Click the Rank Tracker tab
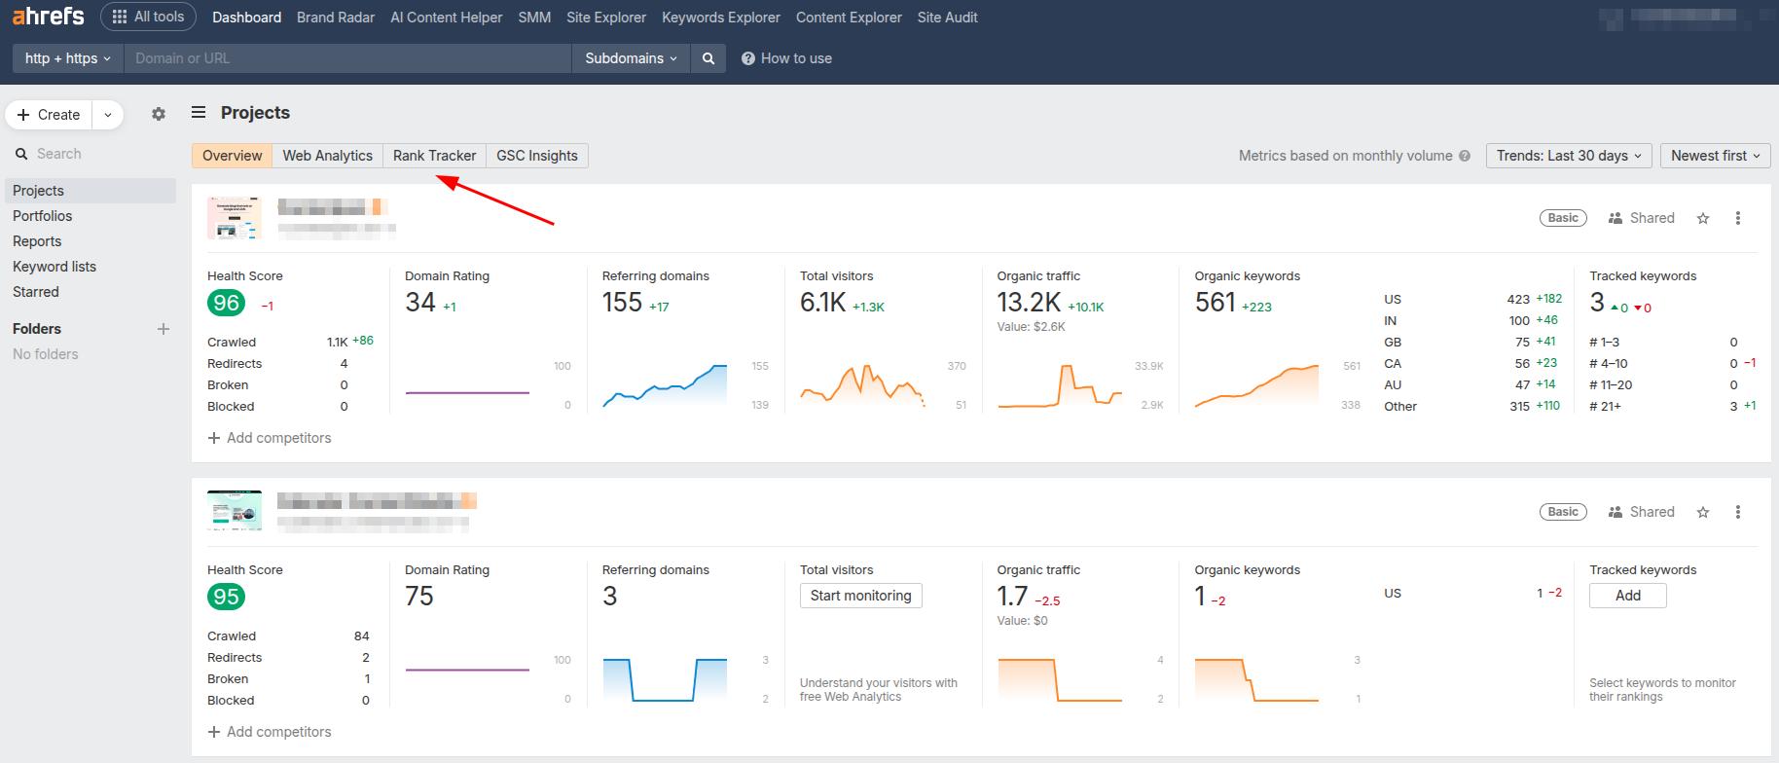[434, 156]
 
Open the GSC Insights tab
[536, 156]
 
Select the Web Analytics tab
[327, 156]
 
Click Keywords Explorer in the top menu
[720, 18]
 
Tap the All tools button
[148, 17]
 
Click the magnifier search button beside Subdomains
[708, 58]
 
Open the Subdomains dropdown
[631, 58]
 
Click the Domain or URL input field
[347, 58]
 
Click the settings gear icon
[159, 114]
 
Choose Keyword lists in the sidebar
[54, 267]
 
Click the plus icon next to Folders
[163, 329]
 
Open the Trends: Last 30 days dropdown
[1568, 156]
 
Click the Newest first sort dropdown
[1715, 156]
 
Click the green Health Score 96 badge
[226, 304]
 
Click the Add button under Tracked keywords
[1627, 596]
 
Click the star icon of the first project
[1703, 218]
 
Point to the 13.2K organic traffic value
[1028, 304]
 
